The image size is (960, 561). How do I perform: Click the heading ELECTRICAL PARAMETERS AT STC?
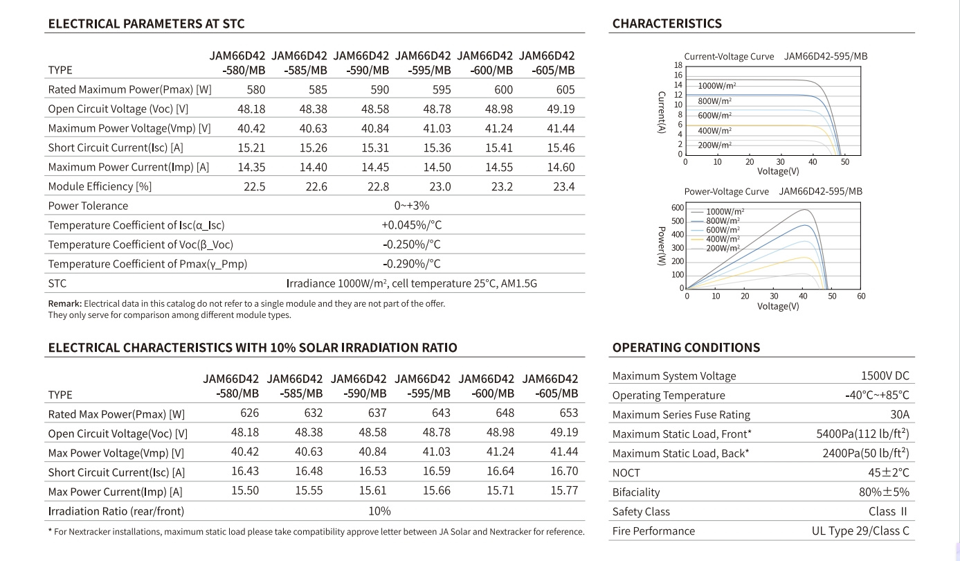click(x=146, y=24)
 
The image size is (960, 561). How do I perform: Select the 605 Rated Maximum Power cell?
click(x=565, y=89)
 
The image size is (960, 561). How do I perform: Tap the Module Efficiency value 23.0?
click(x=440, y=186)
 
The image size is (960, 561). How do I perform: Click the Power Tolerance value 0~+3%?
click(x=411, y=206)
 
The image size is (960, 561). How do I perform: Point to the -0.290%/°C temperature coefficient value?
click(x=411, y=264)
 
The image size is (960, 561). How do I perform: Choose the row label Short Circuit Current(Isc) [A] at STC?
click(x=116, y=148)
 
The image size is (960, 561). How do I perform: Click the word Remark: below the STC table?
click(x=64, y=303)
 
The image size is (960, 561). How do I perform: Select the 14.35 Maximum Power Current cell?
click(x=251, y=167)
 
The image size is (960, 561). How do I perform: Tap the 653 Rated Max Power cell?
click(x=569, y=413)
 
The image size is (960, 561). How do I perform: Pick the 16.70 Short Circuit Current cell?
click(x=564, y=471)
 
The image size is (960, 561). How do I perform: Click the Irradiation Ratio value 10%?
click(x=379, y=511)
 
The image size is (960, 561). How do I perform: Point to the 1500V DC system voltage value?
click(x=885, y=375)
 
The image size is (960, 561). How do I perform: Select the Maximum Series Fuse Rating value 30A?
click(x=900, y=414)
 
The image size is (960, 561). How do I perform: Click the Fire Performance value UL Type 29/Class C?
click(x=860, y=531)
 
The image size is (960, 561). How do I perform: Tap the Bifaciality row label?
click(x=636, y=492)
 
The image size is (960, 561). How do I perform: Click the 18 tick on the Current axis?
click(x=678, y=65)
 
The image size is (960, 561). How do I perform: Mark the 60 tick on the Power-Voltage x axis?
click(x=861, y=296)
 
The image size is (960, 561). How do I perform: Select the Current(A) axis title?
click(x=662, y=112)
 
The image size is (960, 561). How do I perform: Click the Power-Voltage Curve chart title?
click(x=727, y=191)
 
